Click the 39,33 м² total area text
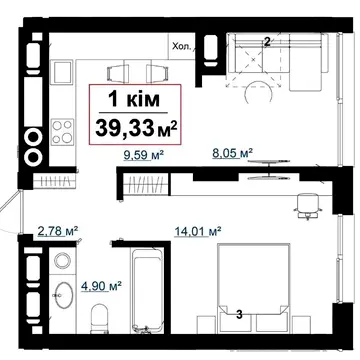click(x=136, y=129)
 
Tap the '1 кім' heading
click(x=134, y=100)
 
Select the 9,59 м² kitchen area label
click(x=143, y=155)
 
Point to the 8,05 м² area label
click(x=232, y=153)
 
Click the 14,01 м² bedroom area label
click(x=198, y=231)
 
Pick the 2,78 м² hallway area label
click(x=58, y=231)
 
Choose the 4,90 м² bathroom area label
click(x=101, y=286)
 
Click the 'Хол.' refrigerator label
click(x=182, y=47)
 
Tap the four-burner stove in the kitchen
click(x=62, y=131)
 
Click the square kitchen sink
click(x=62, y=71)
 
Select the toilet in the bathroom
click(x=100, y=318)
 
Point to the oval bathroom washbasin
click(x=64, y=295)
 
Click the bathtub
click(x=147, y=290)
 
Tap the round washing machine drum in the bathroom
click(x=62, y=260)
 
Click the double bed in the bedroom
click(x=253, y=288)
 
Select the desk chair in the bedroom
click(x=308, y=206)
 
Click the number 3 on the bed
click(x=239, y=314)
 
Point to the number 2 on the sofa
click(x=267, y=42)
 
